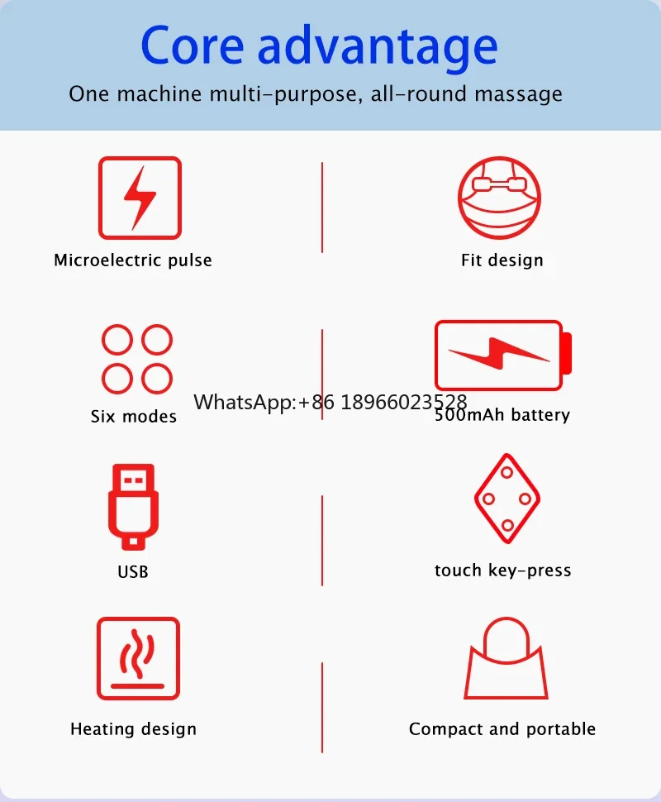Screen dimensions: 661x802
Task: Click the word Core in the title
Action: (193, 45)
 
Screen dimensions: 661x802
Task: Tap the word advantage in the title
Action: (378, 48)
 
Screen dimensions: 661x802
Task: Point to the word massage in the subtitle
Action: (518, 94)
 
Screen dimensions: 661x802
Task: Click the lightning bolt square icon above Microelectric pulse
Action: (140, 198)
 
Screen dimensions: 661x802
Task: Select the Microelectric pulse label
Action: (133, 260)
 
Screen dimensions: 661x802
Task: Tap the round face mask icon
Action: (499, 198)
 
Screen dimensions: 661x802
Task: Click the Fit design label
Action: (502, 260)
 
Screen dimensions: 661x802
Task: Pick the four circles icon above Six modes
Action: (137, 359)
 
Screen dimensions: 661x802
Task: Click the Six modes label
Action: (133, 417)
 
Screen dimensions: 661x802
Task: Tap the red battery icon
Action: (503, 356)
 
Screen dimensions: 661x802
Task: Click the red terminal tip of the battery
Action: (567, 353)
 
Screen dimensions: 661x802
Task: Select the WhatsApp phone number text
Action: (330, 402)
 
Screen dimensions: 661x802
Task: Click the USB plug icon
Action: (133, 507)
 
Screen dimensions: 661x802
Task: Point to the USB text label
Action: (133, 572)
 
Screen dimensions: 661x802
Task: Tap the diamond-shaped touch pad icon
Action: (507, 499)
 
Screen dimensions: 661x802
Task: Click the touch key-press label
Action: (503, 570)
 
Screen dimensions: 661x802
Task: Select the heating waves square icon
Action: (138, 658)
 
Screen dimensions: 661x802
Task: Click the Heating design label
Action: (133, 729)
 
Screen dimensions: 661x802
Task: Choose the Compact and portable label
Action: (502, 729)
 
